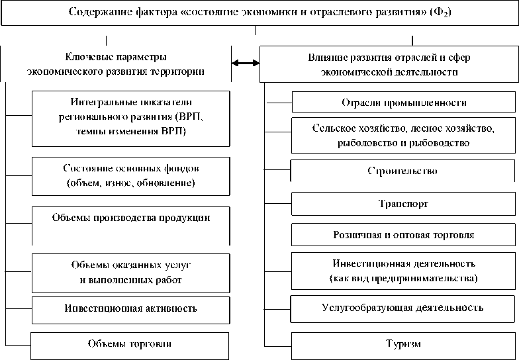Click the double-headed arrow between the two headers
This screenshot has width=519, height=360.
pos(245,64)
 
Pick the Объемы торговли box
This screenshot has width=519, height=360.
pos(130,344)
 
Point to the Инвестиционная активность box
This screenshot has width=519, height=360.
pos(130,308)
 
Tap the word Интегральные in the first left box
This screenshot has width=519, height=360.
pos(100,103)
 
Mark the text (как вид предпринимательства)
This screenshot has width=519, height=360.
pos(403,279)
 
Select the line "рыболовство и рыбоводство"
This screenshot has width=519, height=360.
pos(403,142)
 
